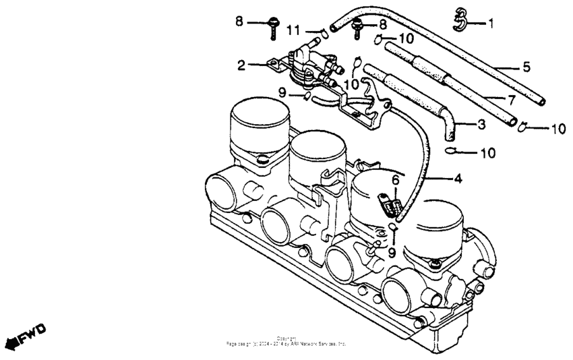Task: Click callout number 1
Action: [491, 24]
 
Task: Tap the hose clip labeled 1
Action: [460, 20]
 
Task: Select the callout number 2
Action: [241, 65]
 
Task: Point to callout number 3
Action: [481, 125]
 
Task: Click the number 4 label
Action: [458, 179]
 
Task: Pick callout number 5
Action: [526, 67]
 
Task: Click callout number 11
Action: [294, 30]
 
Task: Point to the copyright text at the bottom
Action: [286, 341]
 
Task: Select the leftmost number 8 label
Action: [239, 22]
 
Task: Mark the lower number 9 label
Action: [391, 253]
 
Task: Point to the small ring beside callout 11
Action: [322, 30]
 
